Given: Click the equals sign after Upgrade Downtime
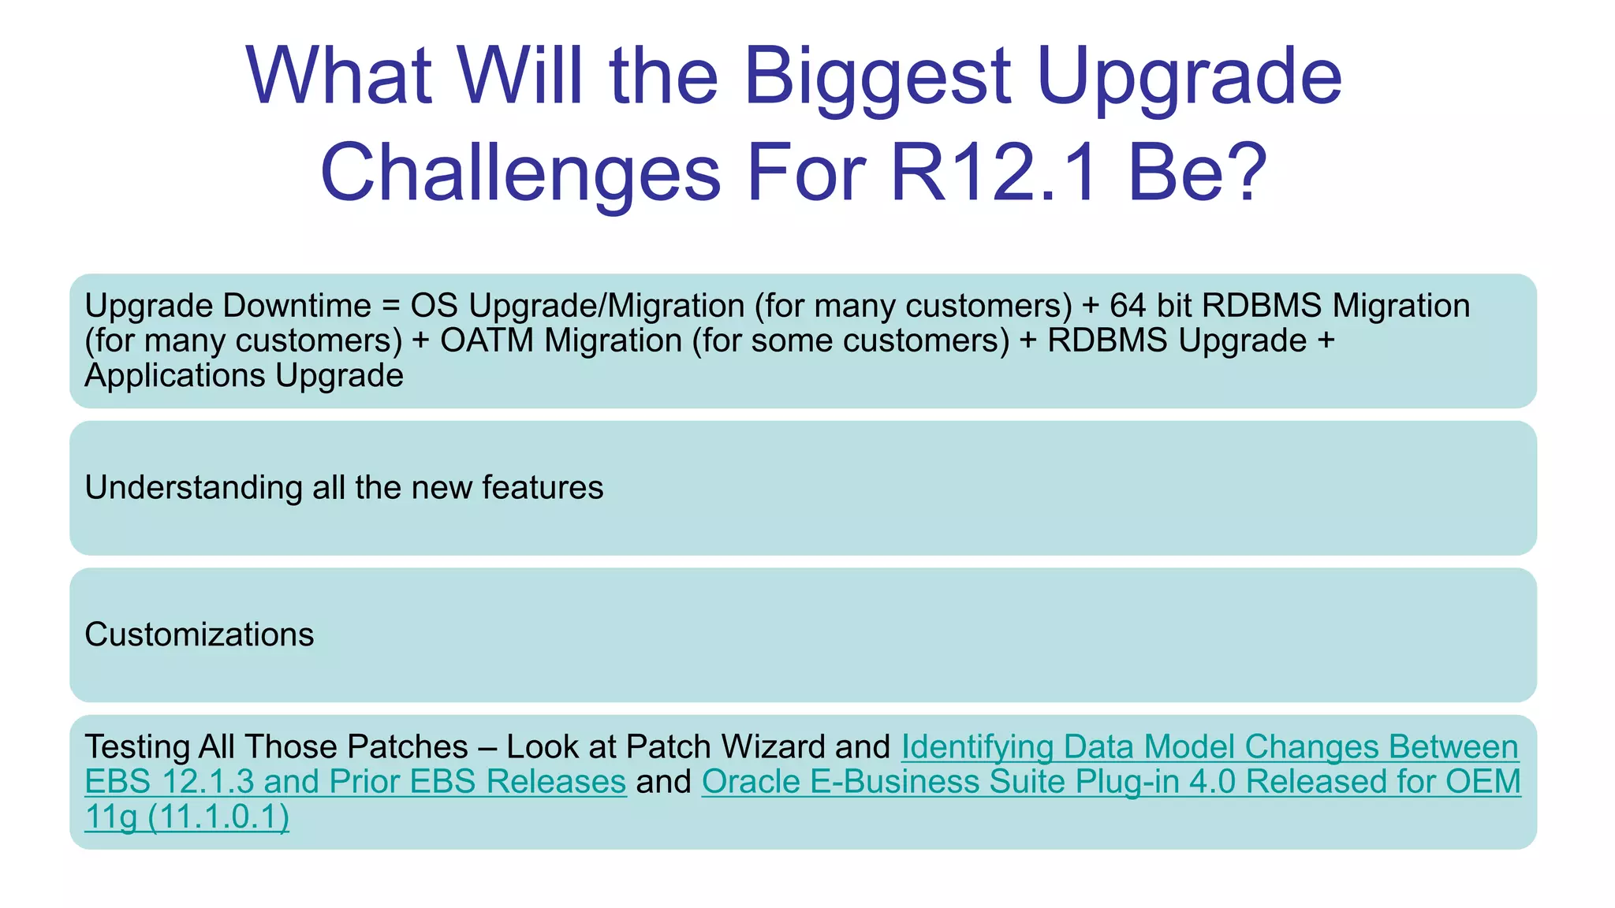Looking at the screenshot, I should pyautogui.click(x=390, y=306).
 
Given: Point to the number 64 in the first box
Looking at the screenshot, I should pyautogui.click(x=1132, y=306).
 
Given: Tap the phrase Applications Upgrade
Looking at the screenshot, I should pyautogui.click(x=244, y=375).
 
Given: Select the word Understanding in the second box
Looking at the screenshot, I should pyautogui.click(x=193, y=488).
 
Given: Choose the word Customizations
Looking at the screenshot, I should pyautogui.click(x=199, y=634).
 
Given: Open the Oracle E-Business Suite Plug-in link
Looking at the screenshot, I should pyautogui.click(x=1110, y=782).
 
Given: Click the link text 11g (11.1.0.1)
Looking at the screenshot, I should pyautogui.click(x=187, y=817).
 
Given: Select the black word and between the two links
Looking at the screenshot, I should pyautogui.click(x=663, y=782).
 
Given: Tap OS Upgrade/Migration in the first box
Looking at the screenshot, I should pyautogui.click(x=577, y=306).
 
